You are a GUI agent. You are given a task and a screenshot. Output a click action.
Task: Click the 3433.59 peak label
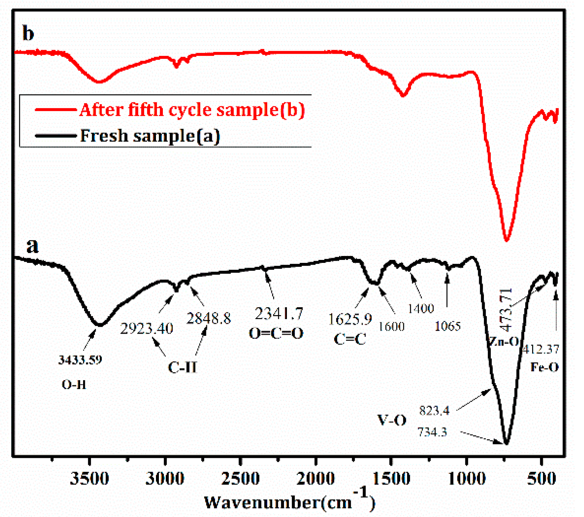coord(80,360)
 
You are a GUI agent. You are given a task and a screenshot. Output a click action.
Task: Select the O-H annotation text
coord(74,384)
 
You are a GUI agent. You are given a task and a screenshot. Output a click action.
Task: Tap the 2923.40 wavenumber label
coord(147,329)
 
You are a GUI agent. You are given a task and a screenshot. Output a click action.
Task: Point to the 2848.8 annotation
coord(209,318)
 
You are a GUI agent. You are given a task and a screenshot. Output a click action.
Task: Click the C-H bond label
coord(182,367)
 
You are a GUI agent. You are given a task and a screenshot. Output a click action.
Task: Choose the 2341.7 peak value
coord(279,314)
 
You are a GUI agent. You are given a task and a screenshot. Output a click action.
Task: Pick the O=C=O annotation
coord(276,333)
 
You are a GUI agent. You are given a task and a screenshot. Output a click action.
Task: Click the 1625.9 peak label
coord(350,319)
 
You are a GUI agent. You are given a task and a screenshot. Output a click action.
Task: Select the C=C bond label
coord(350,339)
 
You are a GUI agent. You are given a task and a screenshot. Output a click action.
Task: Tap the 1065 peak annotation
coord(448,326)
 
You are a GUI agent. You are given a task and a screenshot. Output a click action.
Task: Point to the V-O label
coord(392,420)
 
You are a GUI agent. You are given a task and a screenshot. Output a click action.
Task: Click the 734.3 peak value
coord(432,432)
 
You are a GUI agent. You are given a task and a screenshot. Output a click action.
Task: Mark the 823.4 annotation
coord(434,411)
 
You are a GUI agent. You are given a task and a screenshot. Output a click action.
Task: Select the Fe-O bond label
coord(544,367)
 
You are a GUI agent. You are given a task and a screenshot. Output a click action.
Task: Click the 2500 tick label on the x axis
coord(240,479)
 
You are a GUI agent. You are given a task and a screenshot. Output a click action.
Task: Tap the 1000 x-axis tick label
coord(467,479)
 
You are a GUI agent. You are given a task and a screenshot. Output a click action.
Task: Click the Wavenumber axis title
coord(289,502)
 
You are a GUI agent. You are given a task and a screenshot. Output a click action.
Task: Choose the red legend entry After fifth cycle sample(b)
coord(192,110)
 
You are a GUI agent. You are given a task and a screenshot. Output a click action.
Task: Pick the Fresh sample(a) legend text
coord(150,136)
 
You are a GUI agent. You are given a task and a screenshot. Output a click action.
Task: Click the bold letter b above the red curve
coord(28,33)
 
